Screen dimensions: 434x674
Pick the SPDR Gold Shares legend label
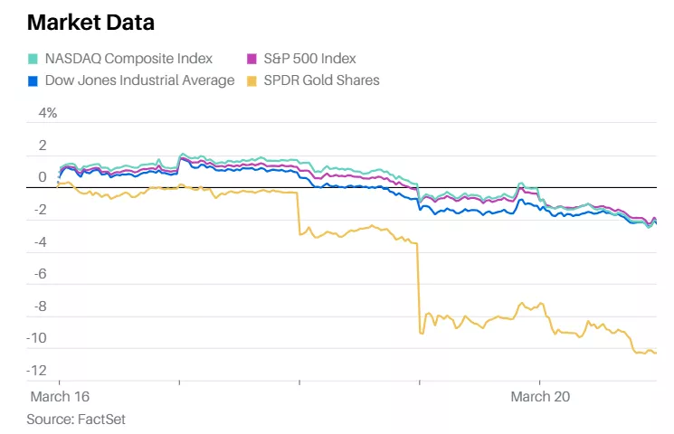tap(321, 80)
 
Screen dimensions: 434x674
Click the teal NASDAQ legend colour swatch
tap(33, 59)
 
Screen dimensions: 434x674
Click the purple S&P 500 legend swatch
tap(253, 59)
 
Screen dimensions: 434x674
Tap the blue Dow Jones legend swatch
tap(33, 80)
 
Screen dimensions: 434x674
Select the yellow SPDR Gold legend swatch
tap(253, 80)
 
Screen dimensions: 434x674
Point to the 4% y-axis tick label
tap(47, 113)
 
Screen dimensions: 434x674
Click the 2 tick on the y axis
tap(42, 146)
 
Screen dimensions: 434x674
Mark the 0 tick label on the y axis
tap(42, 178)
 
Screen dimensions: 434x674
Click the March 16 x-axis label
tap(61, 397)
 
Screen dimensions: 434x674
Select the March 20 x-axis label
tap(540, 397)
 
